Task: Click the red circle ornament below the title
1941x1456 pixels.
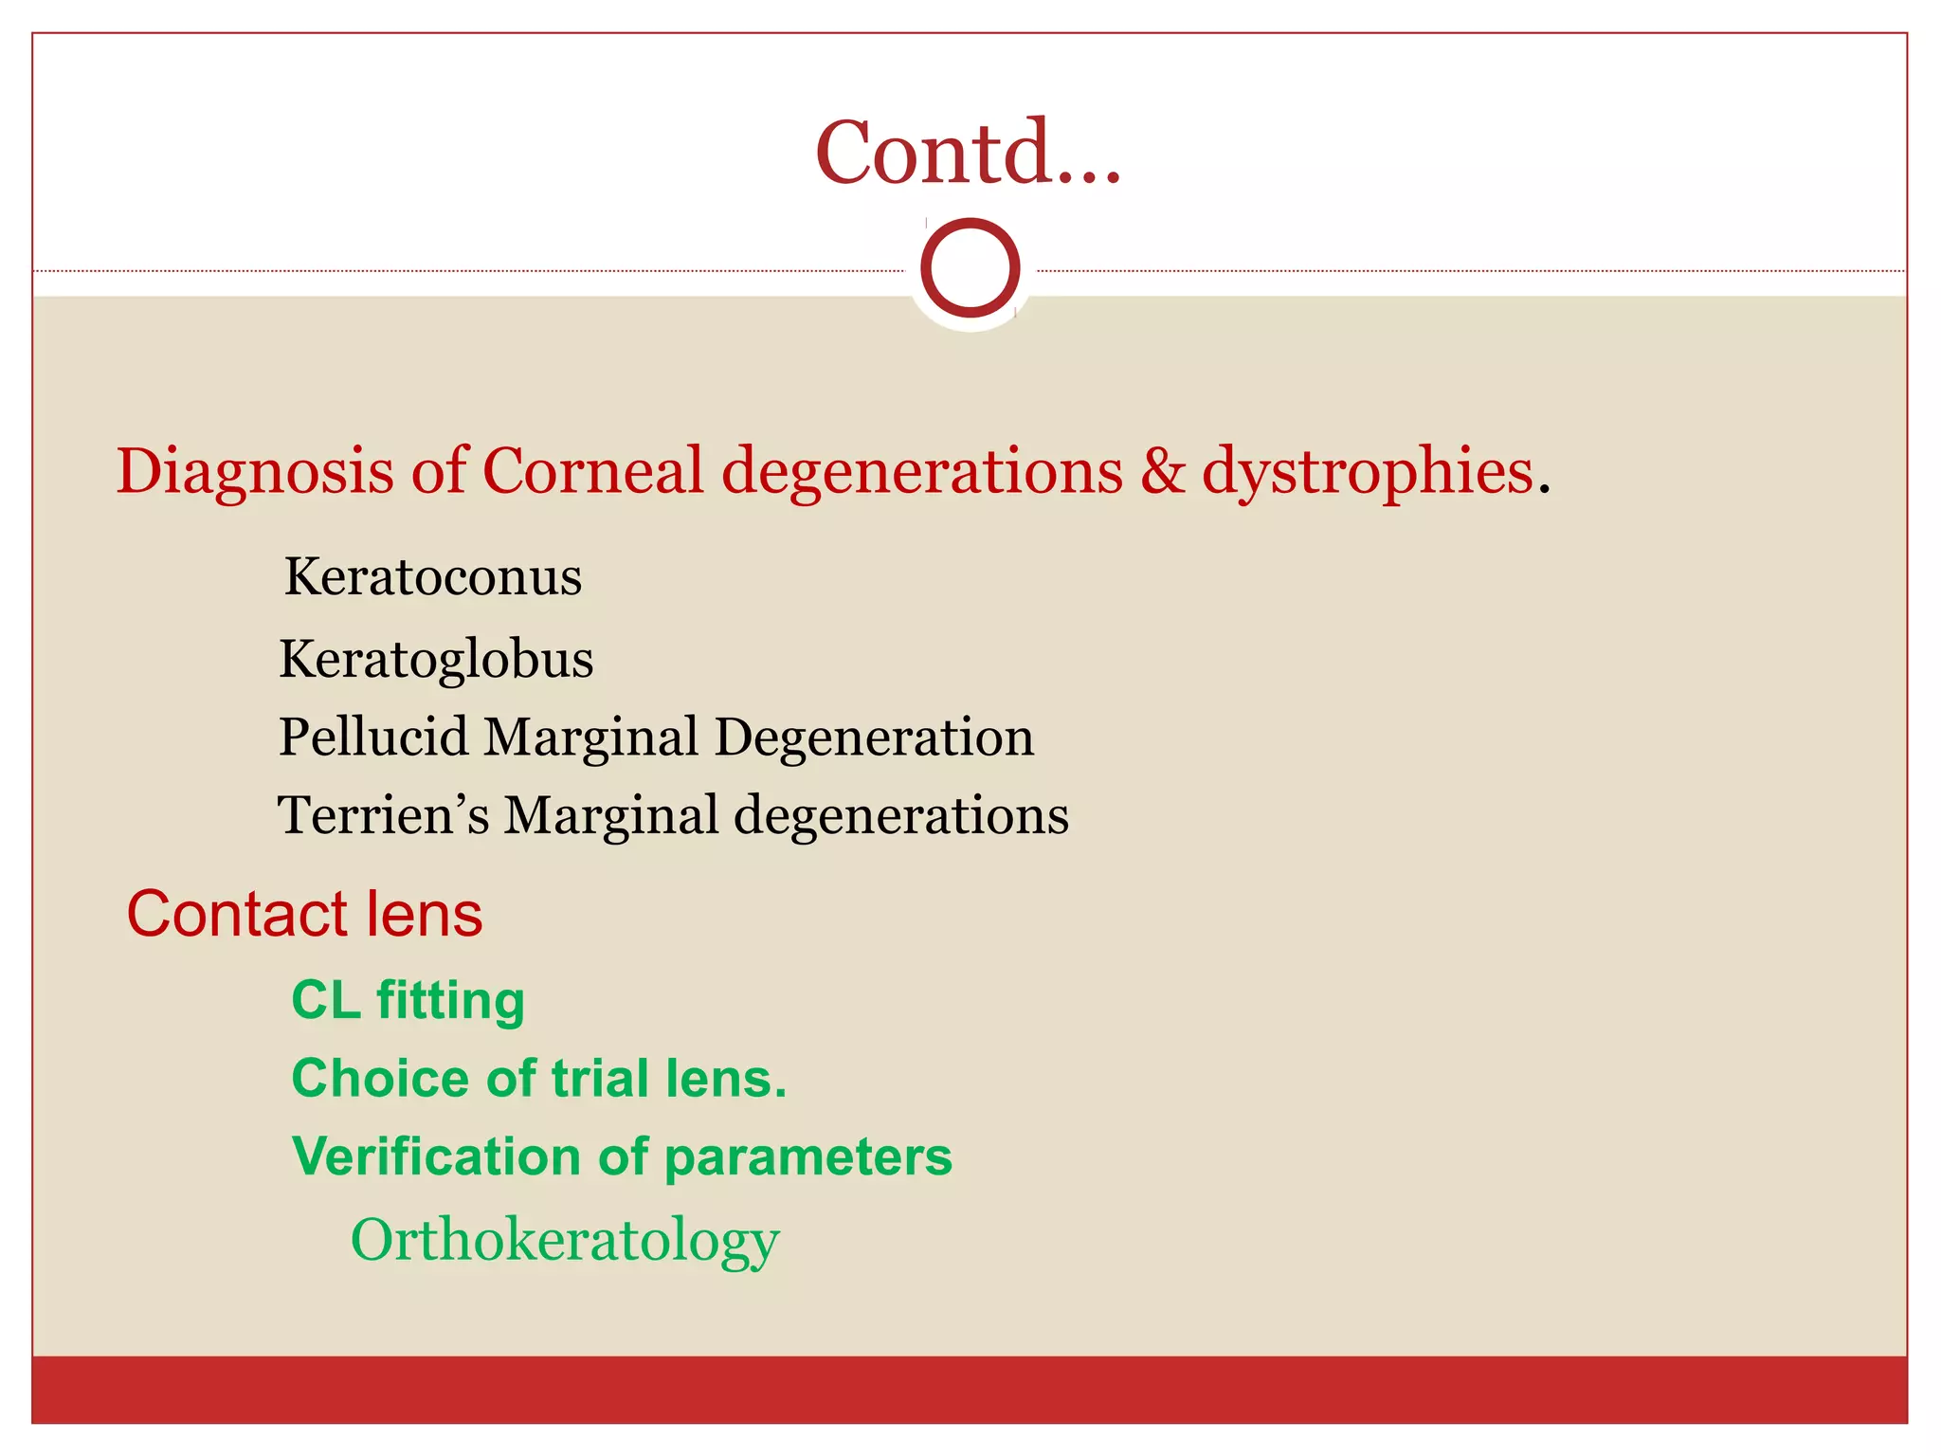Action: tap(970, 268)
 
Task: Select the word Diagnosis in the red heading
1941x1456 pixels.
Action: tap(254, 471)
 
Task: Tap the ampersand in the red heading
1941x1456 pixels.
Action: tap(1162, 471)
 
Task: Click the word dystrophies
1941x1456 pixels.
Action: tap(1367, 471)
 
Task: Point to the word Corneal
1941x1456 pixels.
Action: tap(592, 471)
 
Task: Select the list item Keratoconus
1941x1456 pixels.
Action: tap(433, 577)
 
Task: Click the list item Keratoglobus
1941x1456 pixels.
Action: tap(436, 660)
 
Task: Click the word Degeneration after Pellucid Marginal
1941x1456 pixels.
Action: tap(873, 737)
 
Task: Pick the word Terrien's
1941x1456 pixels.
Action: tap(383, 815)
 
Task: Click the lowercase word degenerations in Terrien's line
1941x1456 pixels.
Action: tap(901, 815)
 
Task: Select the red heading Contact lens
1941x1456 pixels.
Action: tap(304, 915)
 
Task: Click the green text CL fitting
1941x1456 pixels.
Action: tap(408, 1001)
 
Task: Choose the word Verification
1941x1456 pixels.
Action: tap(437, 1156)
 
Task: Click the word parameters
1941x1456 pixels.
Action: tap(807, 1158)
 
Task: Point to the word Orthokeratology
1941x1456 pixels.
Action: tap(565, 1240)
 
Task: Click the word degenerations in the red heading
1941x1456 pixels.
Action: tap(921, 471)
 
